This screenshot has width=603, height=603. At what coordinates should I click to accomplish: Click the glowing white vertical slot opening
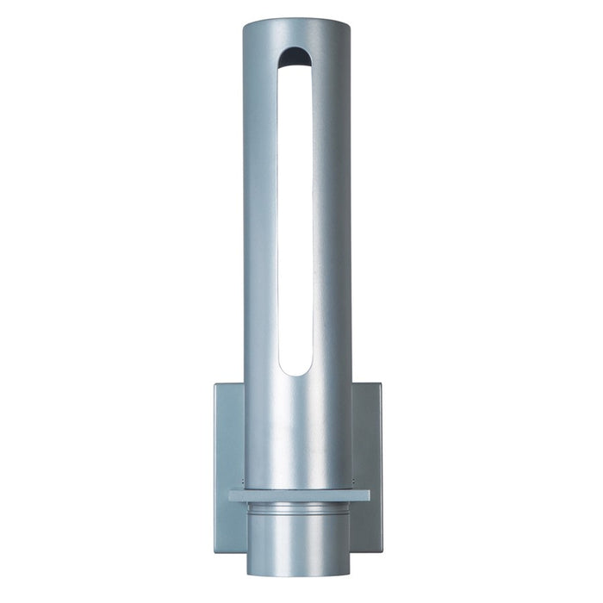tap(295, 215)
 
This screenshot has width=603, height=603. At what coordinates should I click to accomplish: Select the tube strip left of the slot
tap(259, 215)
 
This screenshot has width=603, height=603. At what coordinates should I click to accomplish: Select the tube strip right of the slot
tap(332, 215)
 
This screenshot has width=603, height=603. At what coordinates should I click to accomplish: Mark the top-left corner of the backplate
tap(215, 384)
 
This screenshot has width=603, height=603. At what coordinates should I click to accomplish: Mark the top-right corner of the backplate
tap(381, 384)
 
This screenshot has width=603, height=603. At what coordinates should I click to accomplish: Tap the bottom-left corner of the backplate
tap(216, 552)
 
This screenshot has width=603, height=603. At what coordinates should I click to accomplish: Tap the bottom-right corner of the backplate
tap(380, 552)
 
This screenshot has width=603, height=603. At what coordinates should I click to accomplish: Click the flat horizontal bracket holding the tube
tap(298, 496)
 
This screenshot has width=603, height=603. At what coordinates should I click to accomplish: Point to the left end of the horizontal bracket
tap(231, 496)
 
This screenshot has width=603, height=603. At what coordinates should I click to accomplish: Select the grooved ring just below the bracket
tap(298, 510)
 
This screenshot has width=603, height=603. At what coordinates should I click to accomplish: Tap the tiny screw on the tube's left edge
tap(245, 481)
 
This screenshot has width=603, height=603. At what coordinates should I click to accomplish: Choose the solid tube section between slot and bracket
tap(297, 431)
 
